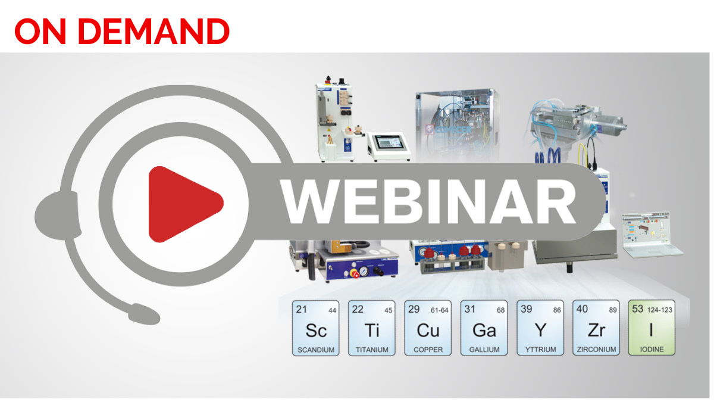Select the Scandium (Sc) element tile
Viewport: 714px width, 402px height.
[x=315, y=328]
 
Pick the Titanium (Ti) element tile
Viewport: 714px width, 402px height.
[x=371, y=328]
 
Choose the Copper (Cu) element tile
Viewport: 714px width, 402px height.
[x=427, y=328]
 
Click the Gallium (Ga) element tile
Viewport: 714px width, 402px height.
[x=484, y=328]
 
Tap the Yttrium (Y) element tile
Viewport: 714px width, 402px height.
[x=540, y=328]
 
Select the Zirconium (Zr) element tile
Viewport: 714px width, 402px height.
[x=596, y=328]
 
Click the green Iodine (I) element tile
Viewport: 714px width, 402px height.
[x=652, y=328]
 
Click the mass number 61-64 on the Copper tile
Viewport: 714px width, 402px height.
[x=440, y=310]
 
